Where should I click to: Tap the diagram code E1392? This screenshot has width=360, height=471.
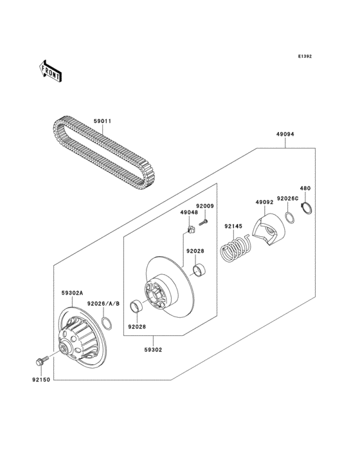[304, 57]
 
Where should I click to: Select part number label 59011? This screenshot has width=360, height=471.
[102, 120]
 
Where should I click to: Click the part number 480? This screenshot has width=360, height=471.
[305, 189]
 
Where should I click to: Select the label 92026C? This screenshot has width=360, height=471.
[287, 199]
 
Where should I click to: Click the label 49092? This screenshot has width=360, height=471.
[265, 202]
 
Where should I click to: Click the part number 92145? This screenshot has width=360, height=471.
[233, 226]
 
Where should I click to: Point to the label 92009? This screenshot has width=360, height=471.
[204, 206]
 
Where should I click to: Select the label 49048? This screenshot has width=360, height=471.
[188, 212]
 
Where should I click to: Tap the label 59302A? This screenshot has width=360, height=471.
[72, 293]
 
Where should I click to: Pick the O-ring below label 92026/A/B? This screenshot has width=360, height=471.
[108, 321]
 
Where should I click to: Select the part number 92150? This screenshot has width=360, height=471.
[40, 380]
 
